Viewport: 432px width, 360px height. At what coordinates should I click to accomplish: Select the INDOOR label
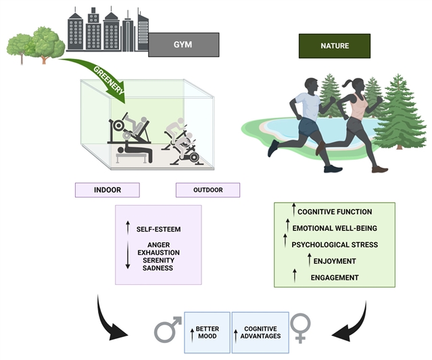[107, 189]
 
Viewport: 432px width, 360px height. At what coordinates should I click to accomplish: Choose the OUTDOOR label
[208, 189]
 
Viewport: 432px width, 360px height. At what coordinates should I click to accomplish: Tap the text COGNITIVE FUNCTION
[335, 212]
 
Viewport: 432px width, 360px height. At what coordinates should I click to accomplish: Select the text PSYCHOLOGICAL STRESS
[335, 244]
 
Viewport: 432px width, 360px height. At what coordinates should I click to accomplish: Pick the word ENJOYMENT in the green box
[335, 260]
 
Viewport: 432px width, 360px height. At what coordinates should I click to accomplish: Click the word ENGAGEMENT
[335, 277]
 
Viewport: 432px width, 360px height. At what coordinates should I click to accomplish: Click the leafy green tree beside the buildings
[37, 42]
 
